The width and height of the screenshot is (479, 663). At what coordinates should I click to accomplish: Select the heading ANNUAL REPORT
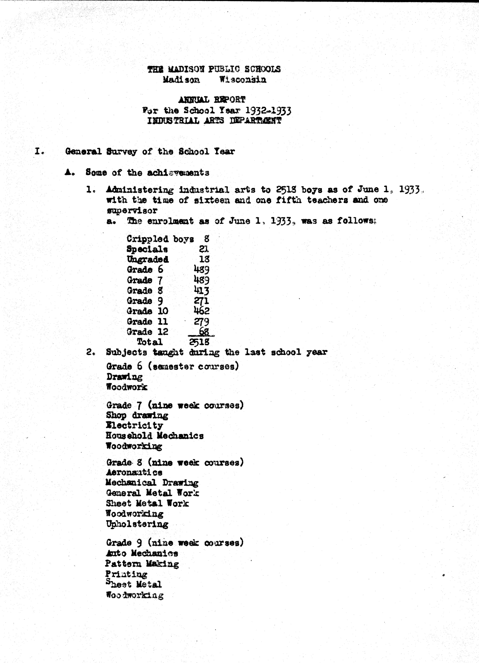click(212, 100)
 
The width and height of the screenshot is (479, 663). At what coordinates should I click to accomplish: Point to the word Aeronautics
click(134, 472)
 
